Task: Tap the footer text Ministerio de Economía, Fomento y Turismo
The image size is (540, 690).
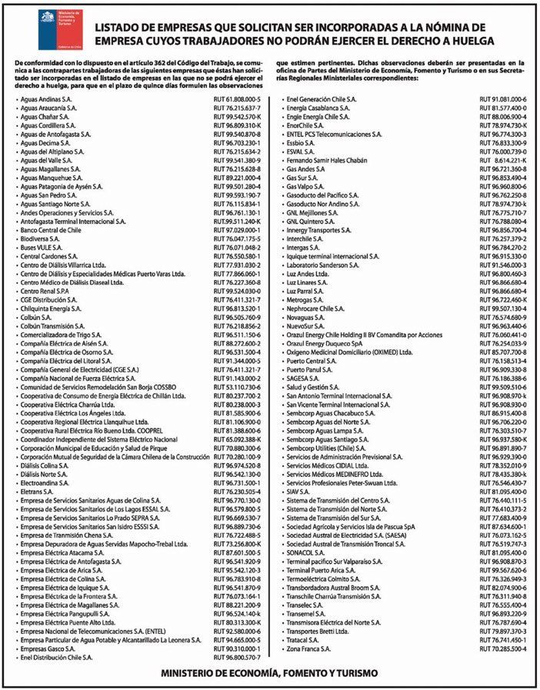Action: tap(269, 673)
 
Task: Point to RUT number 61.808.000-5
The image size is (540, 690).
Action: tap(238, 100)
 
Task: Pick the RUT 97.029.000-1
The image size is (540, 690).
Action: tap(238, 229)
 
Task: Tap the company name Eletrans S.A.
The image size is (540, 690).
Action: tap(37, 492)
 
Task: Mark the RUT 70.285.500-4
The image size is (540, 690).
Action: tap(502, 649)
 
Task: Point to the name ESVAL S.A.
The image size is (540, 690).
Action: tap(301, 152)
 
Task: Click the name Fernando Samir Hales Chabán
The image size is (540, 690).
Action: tap(331, 160)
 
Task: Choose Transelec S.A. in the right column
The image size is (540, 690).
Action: tap(306, 605)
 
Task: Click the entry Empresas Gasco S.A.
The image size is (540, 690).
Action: tap(48, 648)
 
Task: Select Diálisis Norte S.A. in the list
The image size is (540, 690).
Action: tap(48, 474)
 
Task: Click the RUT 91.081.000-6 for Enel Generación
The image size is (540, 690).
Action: tap(502, 100)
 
